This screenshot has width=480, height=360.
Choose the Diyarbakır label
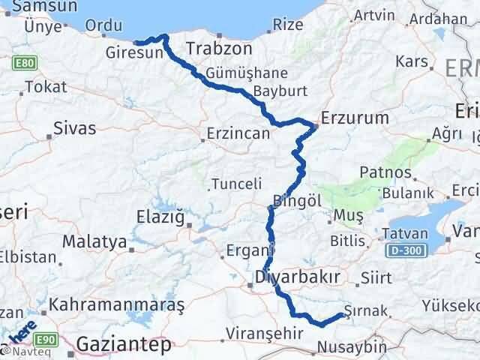point(298,277)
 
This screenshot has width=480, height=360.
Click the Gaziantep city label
point(124,345)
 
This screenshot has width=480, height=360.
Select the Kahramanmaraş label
point(117,307)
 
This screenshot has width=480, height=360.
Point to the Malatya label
point(94,242)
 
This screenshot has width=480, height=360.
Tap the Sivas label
point(74,128)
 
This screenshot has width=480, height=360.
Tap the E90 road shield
point(46,340)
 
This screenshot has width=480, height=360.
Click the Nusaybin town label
point(352,347)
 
